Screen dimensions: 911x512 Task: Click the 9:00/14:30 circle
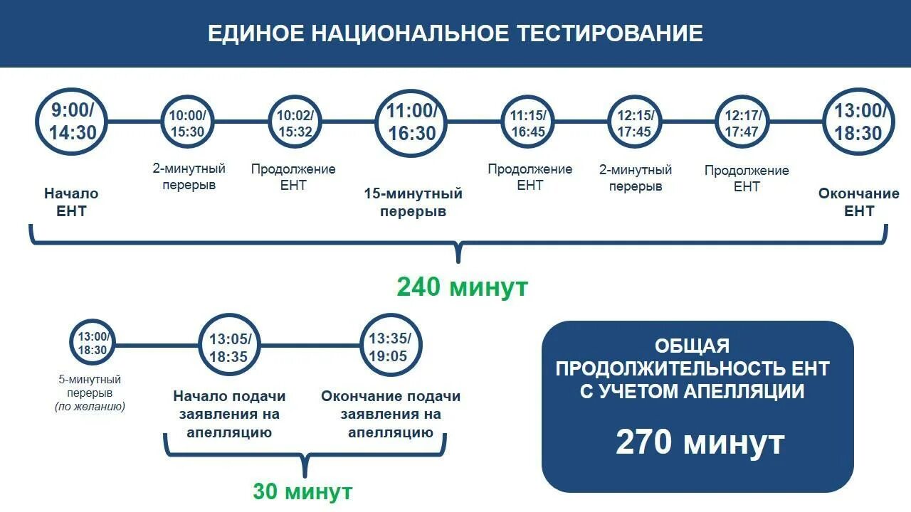72,122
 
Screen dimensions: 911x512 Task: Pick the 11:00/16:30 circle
411,122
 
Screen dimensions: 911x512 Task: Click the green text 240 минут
462,287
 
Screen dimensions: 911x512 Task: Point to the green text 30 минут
302,491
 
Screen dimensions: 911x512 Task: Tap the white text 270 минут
700,442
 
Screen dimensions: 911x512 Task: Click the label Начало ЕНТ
71,202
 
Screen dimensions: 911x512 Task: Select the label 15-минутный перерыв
413,203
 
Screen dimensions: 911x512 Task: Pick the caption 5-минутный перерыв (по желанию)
90,393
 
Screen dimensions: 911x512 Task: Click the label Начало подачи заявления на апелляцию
229,414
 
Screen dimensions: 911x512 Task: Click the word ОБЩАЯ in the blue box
692,346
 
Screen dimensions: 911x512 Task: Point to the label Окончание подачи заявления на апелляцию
391,414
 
